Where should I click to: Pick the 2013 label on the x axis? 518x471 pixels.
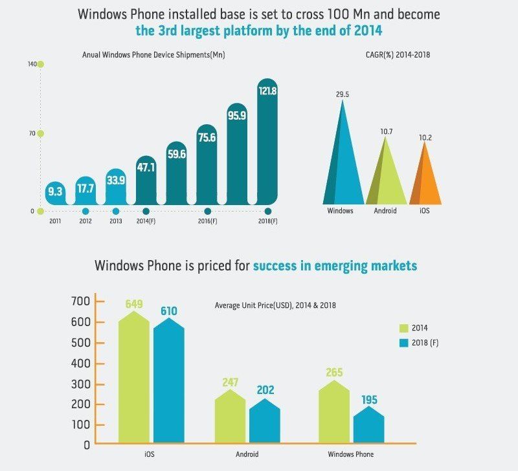(x=116, y=221)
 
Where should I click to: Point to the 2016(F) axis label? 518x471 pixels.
(x=207, y=221)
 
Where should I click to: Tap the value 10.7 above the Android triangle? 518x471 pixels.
(x=386, y=131)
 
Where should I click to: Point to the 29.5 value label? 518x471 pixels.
(x=343, y=94)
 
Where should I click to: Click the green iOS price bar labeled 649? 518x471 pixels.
(x=134, y=378)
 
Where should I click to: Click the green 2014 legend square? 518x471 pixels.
(x=405, y=328)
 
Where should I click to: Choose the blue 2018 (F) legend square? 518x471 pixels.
(x=405, y=343)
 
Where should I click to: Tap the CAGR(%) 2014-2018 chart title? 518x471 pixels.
(x=398, y=55)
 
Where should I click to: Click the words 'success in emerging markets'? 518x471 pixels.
(x=335, y=265)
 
